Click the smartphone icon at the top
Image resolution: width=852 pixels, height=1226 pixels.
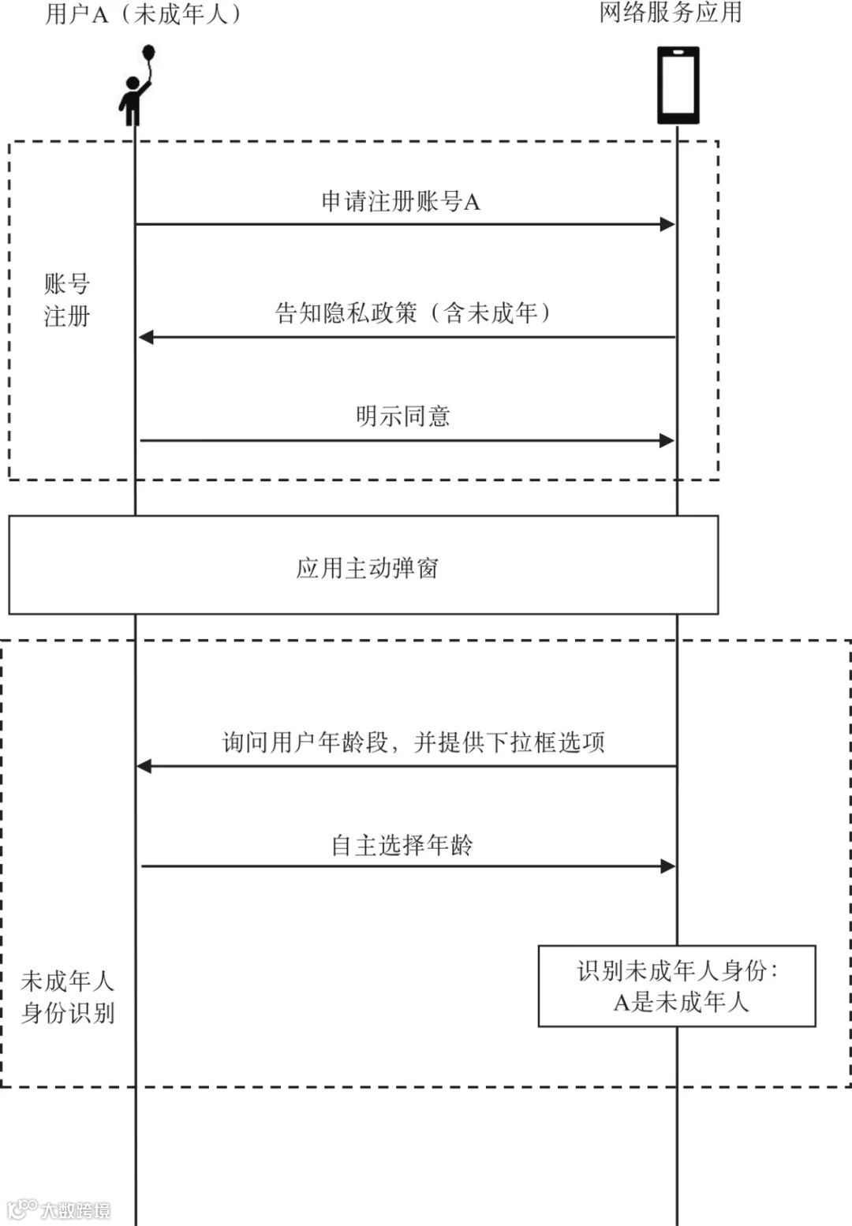click(678, 85)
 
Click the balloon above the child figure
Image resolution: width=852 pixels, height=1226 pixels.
click(148, 53)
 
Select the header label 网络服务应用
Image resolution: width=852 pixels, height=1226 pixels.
click(671, 13)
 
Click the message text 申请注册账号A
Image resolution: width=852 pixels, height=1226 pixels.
click(401, 202)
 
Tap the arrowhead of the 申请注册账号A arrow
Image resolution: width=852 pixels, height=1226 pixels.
click(667, 224)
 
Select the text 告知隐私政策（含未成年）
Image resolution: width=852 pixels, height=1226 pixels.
click(413, 313)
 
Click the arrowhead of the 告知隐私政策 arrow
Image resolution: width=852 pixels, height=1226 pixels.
click(146, 338)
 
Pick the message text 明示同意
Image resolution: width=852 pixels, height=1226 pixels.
click(402, 416)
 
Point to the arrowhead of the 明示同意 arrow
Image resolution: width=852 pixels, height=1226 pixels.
click(667, 440)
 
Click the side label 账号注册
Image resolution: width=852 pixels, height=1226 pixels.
click(67, 300)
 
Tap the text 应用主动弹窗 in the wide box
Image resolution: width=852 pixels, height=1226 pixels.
click(367, 568)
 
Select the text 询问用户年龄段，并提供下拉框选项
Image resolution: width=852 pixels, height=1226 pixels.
click(413, 742)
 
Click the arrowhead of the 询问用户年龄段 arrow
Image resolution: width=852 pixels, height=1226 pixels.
click(144, 766)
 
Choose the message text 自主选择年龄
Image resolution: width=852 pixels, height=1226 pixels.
click(402, 846)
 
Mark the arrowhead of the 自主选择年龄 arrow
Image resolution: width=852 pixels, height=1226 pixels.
click(668, 866)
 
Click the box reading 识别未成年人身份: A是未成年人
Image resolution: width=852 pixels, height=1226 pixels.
click(677, 986)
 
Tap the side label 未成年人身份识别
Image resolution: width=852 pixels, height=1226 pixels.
click(68, 997)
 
